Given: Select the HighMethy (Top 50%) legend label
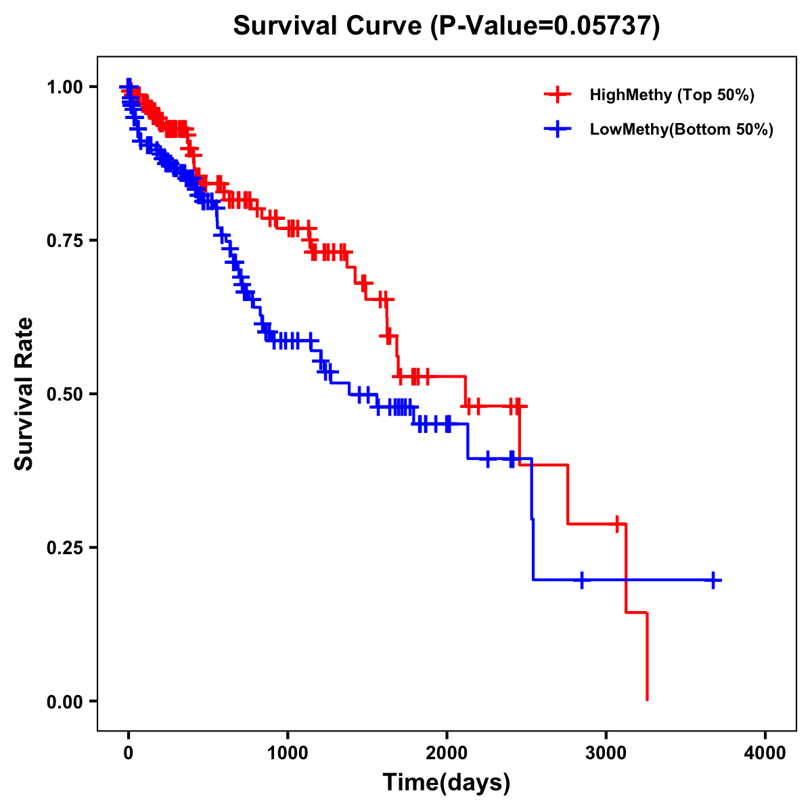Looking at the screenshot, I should coord(671,95).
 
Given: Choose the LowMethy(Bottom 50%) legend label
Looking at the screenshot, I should coord(681,129).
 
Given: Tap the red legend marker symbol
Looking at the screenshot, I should coord(558,95).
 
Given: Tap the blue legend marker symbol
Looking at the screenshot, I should coord(558,129).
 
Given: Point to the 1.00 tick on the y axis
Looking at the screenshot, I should coord(66,87).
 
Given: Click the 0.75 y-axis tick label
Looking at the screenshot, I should coord(66,240).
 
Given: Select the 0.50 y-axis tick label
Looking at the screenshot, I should coord(66,394).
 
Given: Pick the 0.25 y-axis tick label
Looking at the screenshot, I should coord(66,547).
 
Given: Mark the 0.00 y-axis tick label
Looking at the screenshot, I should coord(66,701).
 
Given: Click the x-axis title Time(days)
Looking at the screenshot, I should coord(447,783).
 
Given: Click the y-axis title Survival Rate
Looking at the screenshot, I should coord(24,394).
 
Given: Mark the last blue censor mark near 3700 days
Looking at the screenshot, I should coord(713,580).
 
